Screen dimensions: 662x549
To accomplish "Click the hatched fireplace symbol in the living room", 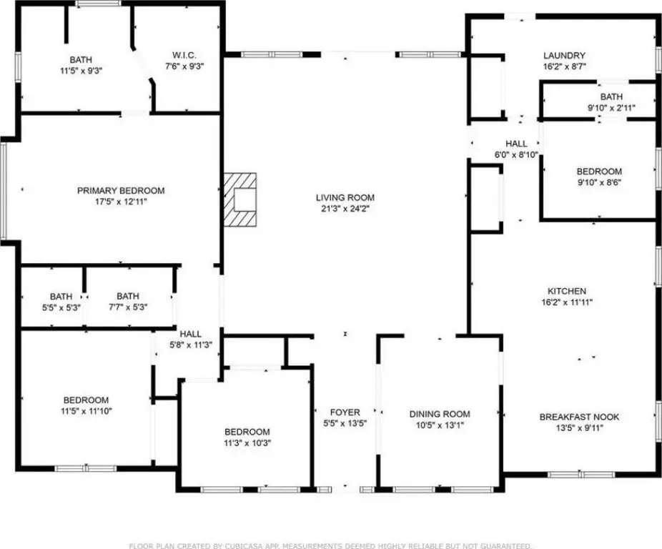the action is point(239,199).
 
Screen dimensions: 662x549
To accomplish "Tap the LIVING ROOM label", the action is point(345,197).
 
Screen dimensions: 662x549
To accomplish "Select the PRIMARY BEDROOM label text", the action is point(121,190).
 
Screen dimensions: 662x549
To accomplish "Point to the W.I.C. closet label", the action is point(184,55).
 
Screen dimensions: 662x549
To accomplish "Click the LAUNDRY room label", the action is point(564,55).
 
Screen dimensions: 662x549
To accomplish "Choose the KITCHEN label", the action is point(567,291).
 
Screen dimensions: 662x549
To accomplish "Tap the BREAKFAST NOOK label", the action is point(579,417).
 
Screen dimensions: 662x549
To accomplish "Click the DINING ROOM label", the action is point(440,414).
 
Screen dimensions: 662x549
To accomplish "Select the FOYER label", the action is point(345,412).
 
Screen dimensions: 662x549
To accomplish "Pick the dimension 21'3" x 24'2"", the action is point(345,208).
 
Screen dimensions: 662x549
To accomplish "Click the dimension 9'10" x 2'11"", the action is point(611,108).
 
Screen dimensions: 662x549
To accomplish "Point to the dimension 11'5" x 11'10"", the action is point(86,410).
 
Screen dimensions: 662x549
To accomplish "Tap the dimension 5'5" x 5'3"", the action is point(61,307).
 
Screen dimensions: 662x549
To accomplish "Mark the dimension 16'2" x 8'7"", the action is point(564,66).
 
